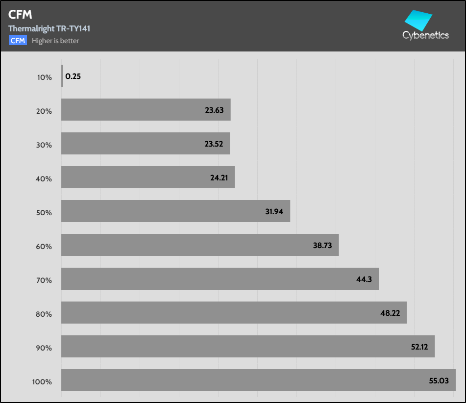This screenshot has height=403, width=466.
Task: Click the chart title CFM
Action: pos(20,15)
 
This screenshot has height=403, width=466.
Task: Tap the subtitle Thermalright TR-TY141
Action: pos(49,28)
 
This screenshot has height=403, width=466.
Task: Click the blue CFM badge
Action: pos(18,41)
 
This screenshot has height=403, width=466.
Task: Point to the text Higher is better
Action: pos(55,41)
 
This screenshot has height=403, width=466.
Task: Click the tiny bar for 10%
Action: pos(62,76)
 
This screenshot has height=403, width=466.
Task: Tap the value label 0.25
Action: pos(73,76)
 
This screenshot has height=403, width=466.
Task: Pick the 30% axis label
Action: pos(44,145)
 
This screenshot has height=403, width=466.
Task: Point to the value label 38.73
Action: pos(322,245)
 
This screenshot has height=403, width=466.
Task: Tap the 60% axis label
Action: pos(44,247)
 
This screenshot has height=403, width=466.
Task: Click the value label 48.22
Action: pos(391,313)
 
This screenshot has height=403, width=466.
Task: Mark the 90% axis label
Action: pos(44,348)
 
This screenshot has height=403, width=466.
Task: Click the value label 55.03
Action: pos(439,380)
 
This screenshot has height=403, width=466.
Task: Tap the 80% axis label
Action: pos(44,314)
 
